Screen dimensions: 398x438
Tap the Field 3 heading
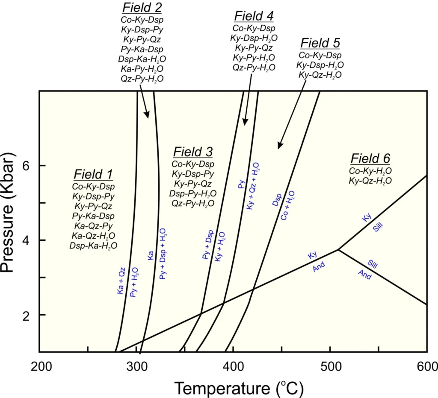193,152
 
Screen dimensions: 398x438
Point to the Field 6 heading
370,159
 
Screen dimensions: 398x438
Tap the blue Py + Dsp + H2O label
163,254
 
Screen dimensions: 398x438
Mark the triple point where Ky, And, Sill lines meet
338,250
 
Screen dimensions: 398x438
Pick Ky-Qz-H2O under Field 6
370,181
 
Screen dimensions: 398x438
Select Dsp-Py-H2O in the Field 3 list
193,193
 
